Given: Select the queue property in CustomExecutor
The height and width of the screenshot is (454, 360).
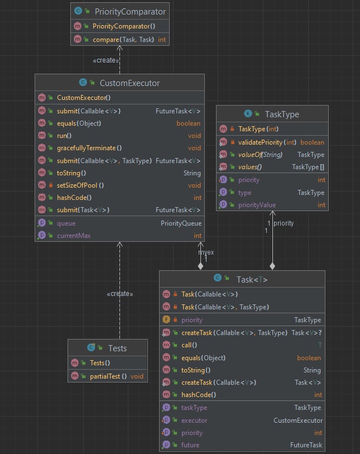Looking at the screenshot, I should (66, 223).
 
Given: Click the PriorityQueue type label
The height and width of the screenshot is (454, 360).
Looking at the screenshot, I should (181, 223).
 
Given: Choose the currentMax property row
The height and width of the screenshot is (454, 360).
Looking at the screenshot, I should (73, 235).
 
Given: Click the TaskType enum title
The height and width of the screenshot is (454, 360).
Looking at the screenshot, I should (278, 114).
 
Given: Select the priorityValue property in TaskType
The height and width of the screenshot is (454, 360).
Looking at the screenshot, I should (257, 205).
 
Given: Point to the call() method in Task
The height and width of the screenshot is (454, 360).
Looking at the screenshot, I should (189, 345).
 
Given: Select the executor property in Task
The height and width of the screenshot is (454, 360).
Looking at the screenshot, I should (194, 420).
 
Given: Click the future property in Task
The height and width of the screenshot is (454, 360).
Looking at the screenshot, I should (190, 445).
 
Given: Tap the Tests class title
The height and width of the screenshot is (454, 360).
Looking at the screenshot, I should (117, 348).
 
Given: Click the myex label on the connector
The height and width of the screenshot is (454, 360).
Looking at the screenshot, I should (206, 252).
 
